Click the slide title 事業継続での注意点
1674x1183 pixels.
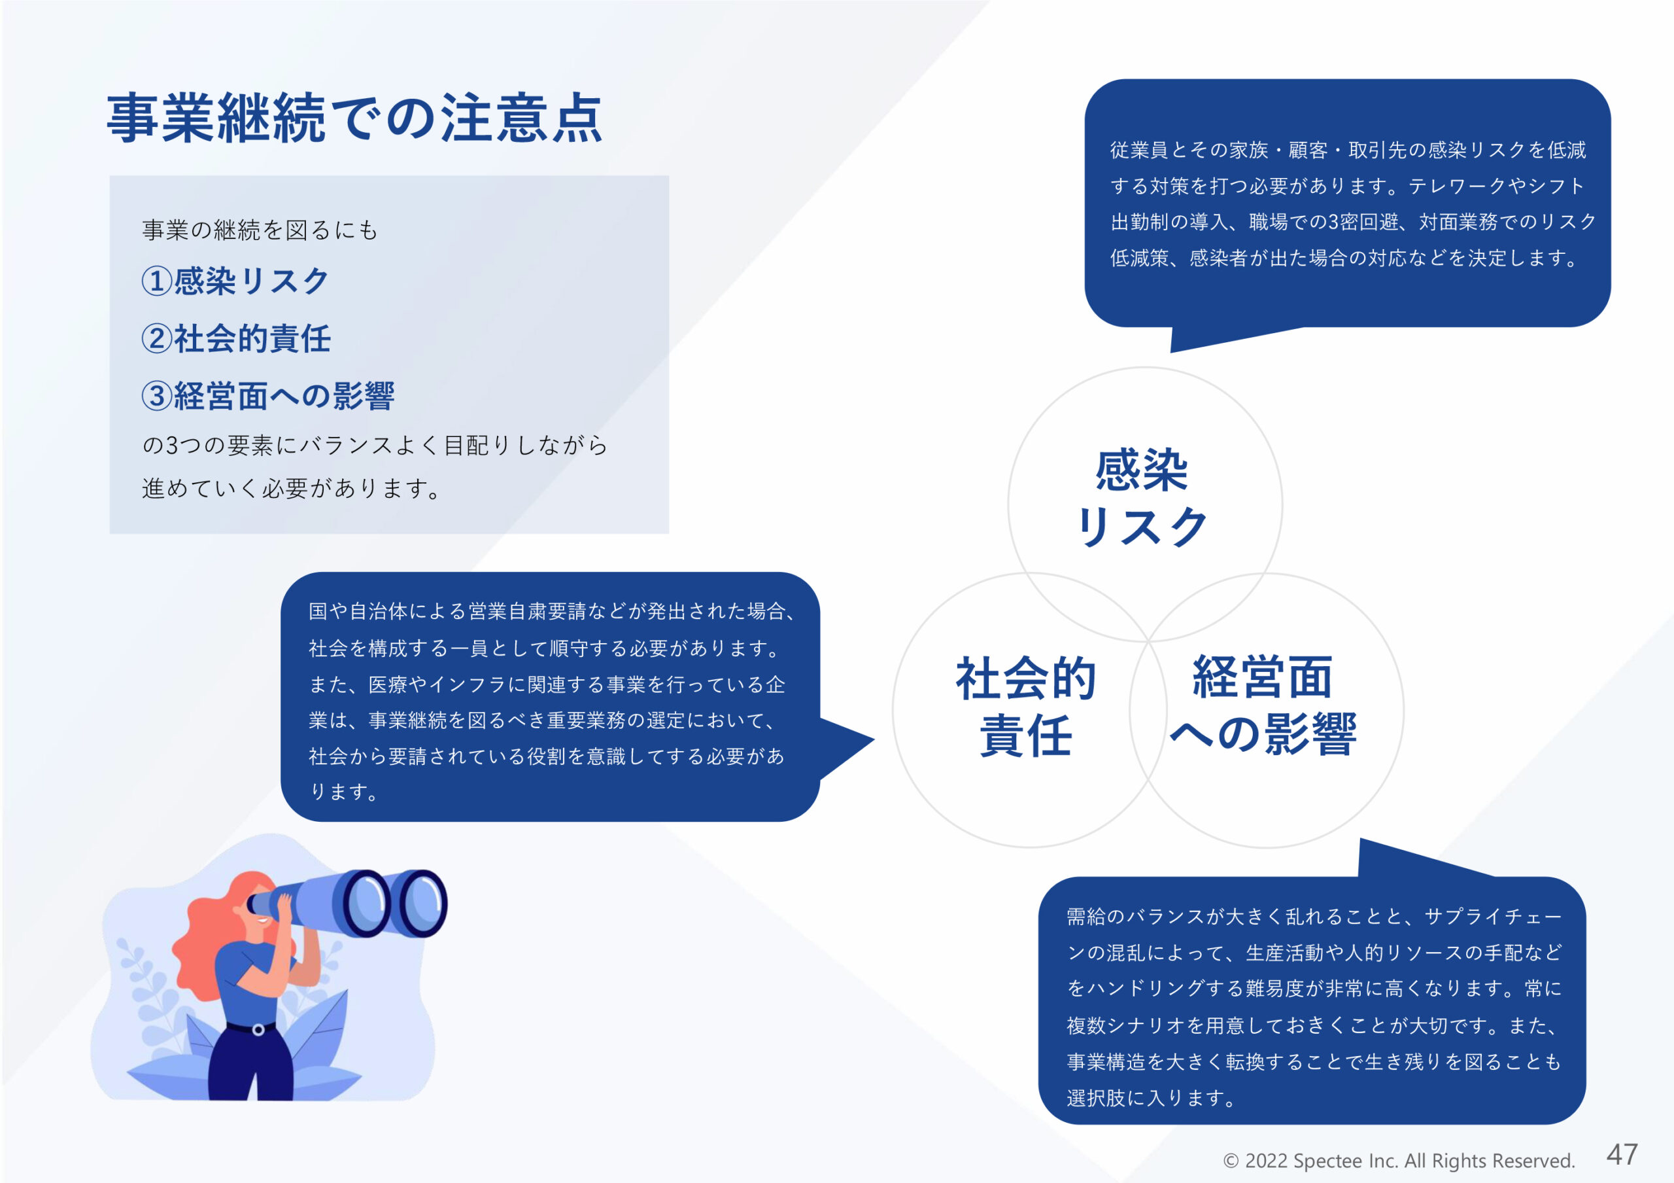coord(354,118)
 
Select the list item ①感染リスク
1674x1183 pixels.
coord(235,281)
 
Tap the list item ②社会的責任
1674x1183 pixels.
coord(236,338)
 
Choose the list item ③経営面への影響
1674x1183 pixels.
coord(267,396)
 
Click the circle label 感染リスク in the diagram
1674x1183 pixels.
coord(1142,498)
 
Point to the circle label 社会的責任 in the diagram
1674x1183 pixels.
coord(1026,706)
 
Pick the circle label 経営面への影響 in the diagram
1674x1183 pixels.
coord(1263,705)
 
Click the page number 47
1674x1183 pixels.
coord(1622,1155)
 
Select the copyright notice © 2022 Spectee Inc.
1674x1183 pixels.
coord(1399,1160)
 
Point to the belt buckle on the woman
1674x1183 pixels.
coord(258,1030)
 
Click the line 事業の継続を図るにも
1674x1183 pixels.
coord(260,230)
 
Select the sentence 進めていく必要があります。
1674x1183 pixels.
coord(291,488)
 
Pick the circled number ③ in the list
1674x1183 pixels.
coord(157,396)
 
